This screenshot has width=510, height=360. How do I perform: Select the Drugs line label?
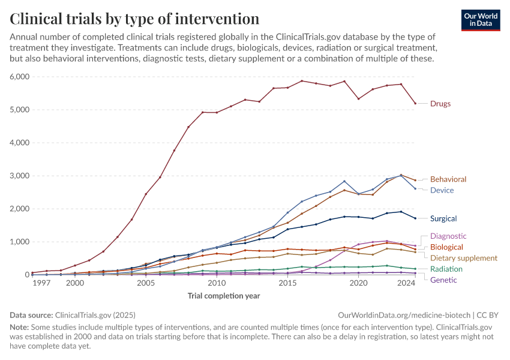tap(440, 104)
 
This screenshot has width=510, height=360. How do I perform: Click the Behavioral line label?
tap(448, 179)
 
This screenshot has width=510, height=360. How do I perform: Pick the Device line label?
tap(442, 190)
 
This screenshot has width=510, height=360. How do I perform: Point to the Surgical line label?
tap(443, 218)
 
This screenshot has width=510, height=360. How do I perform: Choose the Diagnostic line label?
tap(448, 236)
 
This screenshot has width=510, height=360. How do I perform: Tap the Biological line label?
tap(446, 247)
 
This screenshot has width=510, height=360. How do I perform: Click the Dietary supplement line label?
tap(464, 258)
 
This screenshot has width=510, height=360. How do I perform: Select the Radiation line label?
tap(446, 269)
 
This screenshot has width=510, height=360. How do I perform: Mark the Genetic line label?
tap(443, 280)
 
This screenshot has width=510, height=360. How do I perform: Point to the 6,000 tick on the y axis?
tap(19, 77)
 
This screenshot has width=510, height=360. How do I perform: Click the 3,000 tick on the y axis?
tap(19, 176)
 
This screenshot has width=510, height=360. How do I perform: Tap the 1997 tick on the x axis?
tap(41, 283)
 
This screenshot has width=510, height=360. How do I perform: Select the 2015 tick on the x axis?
tap(287, 283)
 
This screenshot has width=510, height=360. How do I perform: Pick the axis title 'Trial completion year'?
tap(224, 296)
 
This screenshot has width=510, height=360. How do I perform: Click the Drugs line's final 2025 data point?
tap(415, 103)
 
